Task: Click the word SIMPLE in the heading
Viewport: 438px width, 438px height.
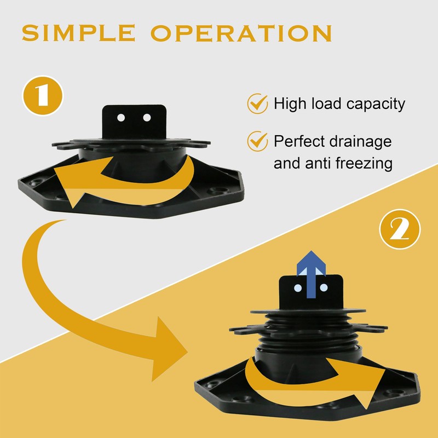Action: [78, 33]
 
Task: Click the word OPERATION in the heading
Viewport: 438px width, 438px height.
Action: [241, 33]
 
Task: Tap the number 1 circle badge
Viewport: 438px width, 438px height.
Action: [43, 96]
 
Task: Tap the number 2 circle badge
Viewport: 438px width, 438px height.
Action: [400, 229]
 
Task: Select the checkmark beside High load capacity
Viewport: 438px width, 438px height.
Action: [257, 103]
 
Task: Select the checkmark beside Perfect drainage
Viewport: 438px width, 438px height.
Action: [257, 141]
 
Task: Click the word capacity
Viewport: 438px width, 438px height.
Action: [376, 105]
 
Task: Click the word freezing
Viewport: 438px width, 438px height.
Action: [364, 163]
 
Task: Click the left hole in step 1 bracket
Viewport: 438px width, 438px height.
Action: [121, 118]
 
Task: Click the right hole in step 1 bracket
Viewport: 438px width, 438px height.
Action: [147, 118]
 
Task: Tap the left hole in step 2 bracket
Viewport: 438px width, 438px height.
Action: [298, 288]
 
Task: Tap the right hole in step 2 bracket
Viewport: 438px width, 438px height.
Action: [324, 287]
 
